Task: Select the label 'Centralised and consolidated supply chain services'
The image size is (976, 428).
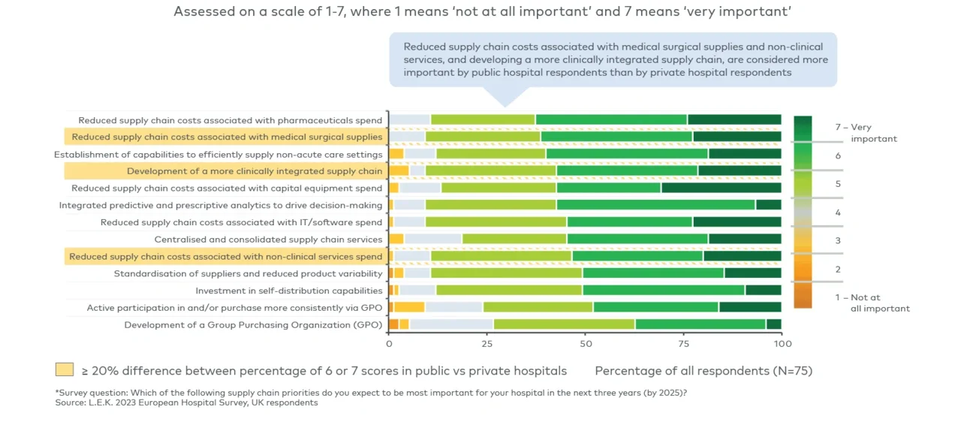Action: (x=268, y=240)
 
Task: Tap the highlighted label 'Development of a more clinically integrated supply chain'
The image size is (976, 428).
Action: (x=255, y=171)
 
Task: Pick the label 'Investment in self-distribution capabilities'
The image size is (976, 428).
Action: (x=289, y=291)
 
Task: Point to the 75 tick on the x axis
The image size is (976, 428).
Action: (x=683, y=343)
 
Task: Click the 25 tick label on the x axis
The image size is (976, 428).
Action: (x=487, y=343)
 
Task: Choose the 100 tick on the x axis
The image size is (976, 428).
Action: (x=782, y=343)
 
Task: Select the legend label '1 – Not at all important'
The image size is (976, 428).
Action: (x=872, y=303)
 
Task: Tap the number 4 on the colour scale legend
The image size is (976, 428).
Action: (x=838, y=212)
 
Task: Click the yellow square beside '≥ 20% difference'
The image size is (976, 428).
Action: (x=65, y=369)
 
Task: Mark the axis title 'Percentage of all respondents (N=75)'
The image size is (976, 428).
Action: (x=703, y=371)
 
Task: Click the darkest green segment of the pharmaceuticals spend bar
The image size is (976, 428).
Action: (x=734, y=119)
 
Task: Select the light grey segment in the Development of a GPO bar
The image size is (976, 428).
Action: (x=451, y=324)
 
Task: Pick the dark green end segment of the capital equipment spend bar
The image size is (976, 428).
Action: (x=721, y=188)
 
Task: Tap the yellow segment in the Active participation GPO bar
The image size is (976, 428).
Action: (x=410, y=307)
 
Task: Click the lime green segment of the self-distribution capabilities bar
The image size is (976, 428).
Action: (x=509, y=290)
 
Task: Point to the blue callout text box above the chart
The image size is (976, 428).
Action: (x=613, y=59)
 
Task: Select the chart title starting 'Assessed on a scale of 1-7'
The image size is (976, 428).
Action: (x=483, y=12)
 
